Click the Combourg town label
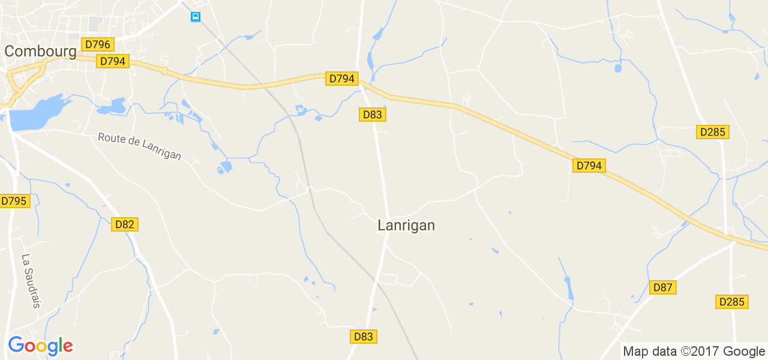click(40, 52)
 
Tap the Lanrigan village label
click(406, 226)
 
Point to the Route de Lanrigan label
click(139, 146)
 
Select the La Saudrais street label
click(31, 281)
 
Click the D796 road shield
click(98, 44)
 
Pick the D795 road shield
click(14, 201)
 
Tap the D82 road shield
click(125, 224)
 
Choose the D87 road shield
click(662, 287)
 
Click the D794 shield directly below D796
click(113, 61)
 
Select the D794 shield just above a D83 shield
click(342, 79)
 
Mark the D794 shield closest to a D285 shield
click(588, 166)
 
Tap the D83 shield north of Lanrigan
click(372, 115)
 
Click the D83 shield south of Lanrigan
click(363, 337)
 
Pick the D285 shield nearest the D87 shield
click(731, 302)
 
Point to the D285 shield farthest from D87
click(713, 132)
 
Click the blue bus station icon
click(196, 17)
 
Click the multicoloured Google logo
click(40, 346)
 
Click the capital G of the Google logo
click(16, 345)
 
